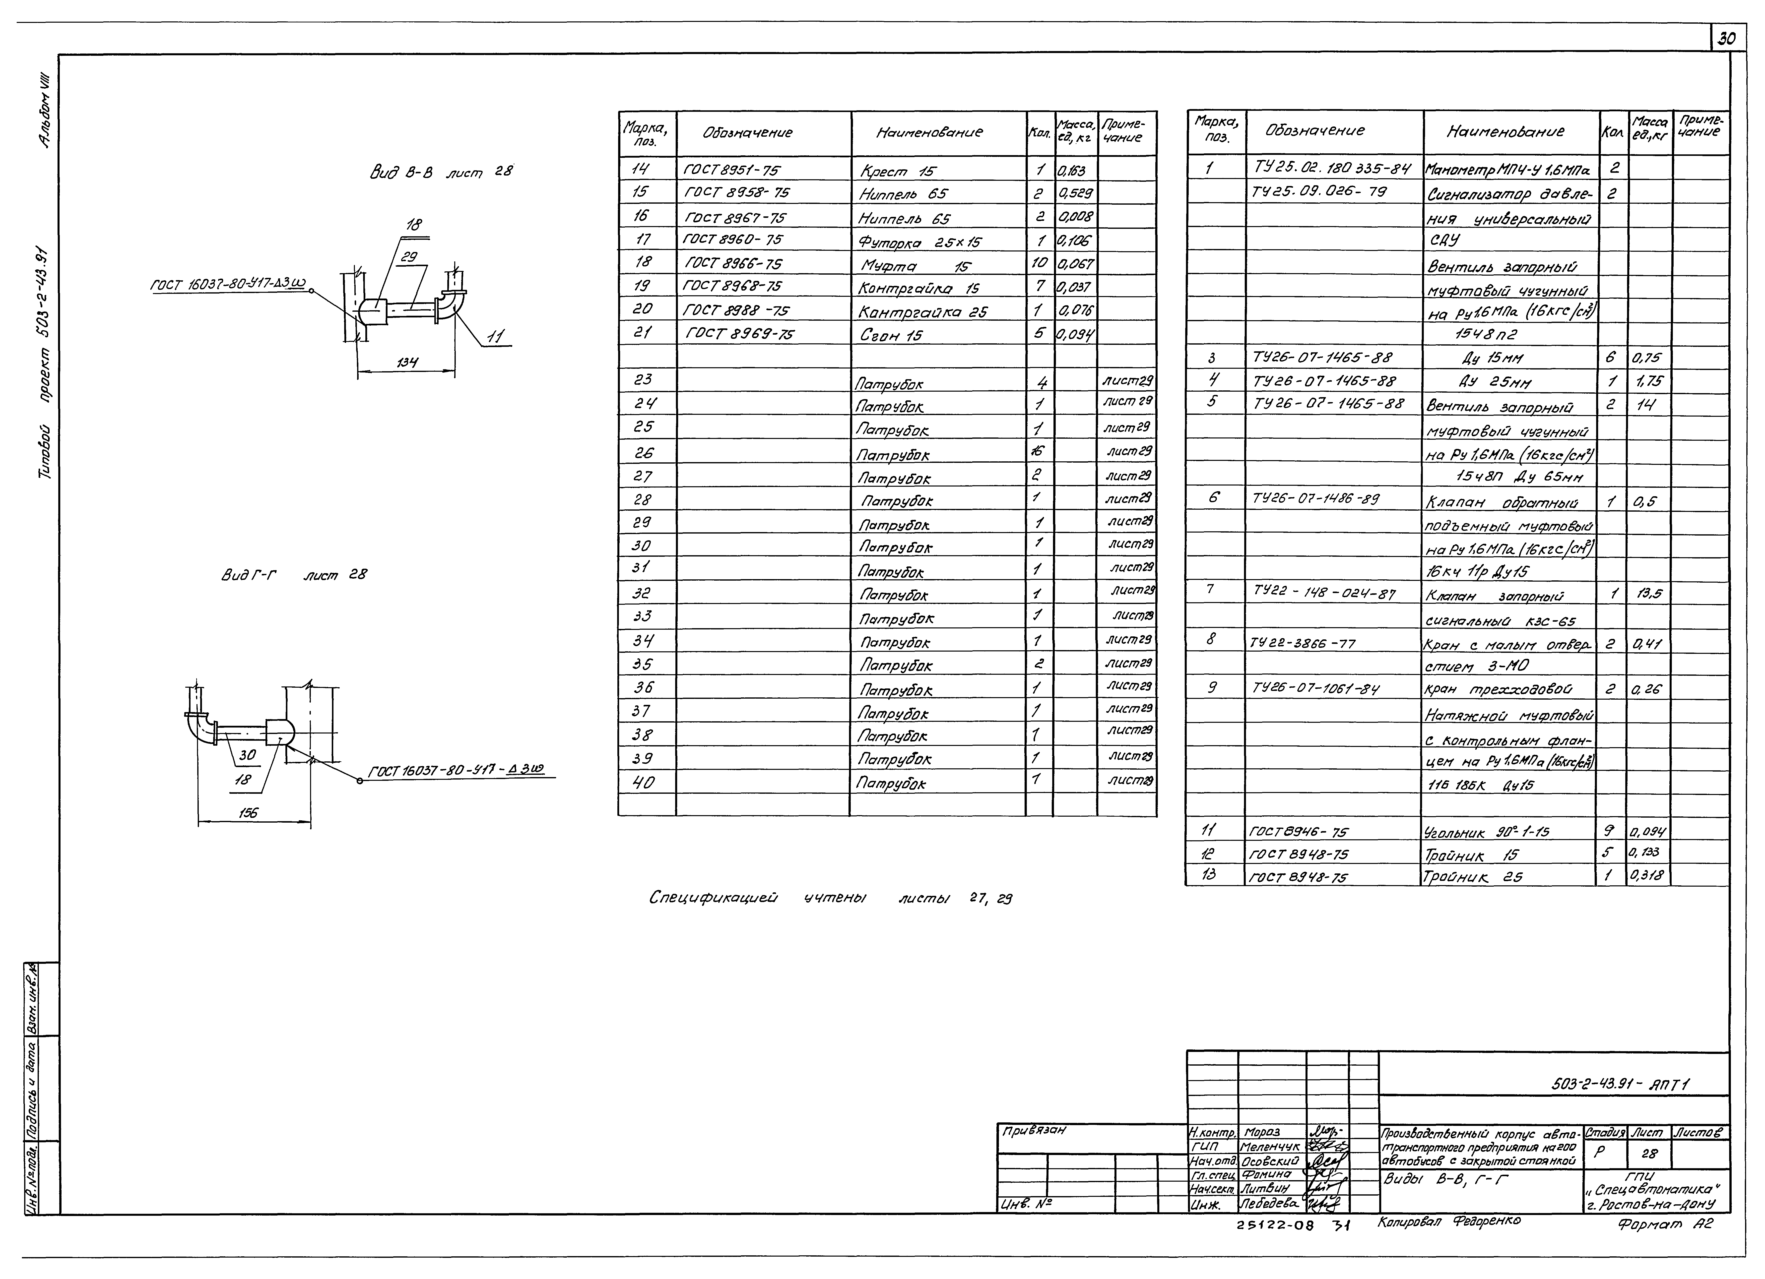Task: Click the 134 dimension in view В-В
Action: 405,363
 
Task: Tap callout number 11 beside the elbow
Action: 494,337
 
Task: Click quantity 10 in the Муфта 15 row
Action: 1039,264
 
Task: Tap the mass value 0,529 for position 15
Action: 1075,193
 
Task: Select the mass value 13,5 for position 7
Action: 1649,594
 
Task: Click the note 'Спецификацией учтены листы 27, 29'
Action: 830,899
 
